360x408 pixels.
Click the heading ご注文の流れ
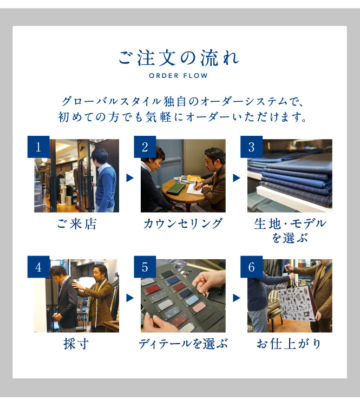click(x=179, y=57)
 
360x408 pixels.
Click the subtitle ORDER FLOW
click(x=178, y=76)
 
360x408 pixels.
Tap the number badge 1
click(x=38, y=147)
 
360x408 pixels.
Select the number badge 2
click(x=145, y=147)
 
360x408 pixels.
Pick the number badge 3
click(x=251, y=147)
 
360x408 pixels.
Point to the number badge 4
click(x=38, y=267)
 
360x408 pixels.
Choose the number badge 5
click(x=145, y=267)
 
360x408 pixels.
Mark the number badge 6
click(x=251, y=267)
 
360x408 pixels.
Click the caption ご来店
click(x=77, y=224)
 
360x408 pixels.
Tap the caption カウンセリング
click(x=183, y=224)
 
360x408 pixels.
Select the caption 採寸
click(x=76, y=344)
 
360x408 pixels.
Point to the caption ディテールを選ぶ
click(x=183, y=344)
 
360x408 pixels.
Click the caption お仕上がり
click(x=289, y=344)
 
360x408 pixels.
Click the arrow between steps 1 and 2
click(x=130, y=178)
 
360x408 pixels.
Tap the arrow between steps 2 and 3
click(x=237, y=178)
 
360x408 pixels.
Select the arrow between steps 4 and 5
click(x=130, y=298)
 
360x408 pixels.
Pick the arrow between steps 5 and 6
click(x=237, y=298)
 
